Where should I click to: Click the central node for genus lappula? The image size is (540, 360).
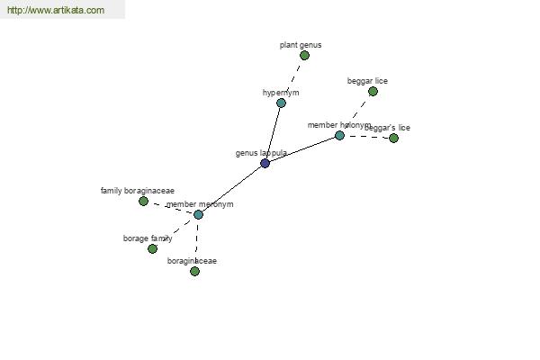point(265,163)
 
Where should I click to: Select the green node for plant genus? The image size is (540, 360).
point(304,55)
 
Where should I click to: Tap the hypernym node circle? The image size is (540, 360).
point(281,103)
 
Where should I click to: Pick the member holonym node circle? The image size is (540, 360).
point(339,135)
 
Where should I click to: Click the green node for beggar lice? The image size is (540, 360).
point(373,91)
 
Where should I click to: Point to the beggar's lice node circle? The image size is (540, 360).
point(393,138)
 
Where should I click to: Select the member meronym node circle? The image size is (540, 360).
point(198,214)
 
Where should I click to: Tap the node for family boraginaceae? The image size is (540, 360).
point(143,201)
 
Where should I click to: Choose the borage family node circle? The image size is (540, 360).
point(152,248)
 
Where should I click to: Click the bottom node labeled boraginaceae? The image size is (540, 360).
point(194,271)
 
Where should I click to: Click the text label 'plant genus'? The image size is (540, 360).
point(301,44)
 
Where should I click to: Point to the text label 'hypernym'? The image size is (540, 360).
point(281,93)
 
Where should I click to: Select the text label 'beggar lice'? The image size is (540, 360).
point(367,81)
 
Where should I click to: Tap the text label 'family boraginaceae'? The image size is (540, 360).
point(138,191)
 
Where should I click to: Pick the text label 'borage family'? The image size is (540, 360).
point(148,238)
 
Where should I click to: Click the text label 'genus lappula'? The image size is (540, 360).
point(261,153)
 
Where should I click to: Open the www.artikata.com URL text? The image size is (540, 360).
point(55,11)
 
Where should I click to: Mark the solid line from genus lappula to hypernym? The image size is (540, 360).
point(273,133)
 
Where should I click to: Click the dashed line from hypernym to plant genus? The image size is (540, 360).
point(292,79)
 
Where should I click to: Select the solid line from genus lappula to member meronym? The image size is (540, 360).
point(231,189)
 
